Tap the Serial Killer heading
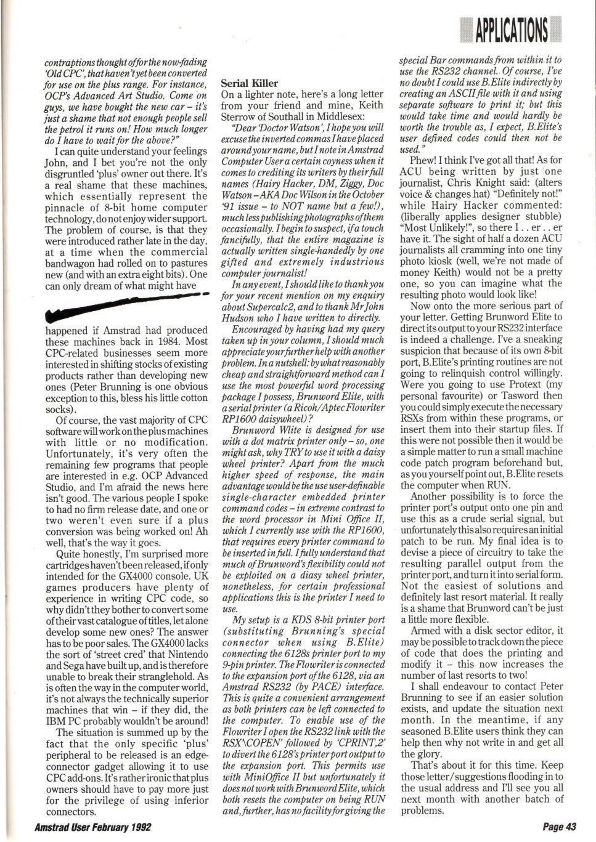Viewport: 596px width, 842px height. [x=249, y=83]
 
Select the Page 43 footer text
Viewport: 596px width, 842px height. [x=559, y=827]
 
